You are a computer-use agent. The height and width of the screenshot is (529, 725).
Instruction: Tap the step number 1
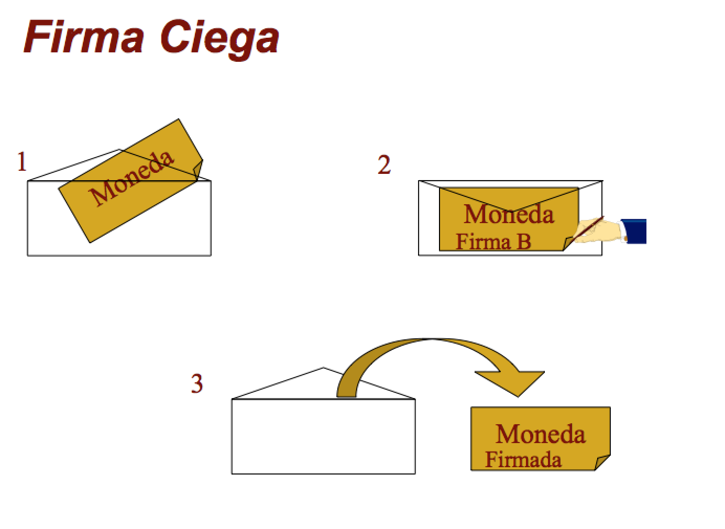(21, 162)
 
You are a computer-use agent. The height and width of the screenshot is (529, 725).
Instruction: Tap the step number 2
(384, 166)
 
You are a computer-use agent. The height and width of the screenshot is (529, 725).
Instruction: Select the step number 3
(196, 384)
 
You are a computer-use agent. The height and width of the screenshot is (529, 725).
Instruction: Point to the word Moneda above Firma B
(508, 214)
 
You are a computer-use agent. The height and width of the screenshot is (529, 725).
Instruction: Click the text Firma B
(493, 242)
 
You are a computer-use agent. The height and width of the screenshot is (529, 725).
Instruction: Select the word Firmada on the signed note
(523, 459)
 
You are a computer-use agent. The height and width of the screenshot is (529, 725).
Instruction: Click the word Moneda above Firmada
(540, 434)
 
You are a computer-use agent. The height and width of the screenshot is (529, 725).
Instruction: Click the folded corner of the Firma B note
(570, 244)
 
